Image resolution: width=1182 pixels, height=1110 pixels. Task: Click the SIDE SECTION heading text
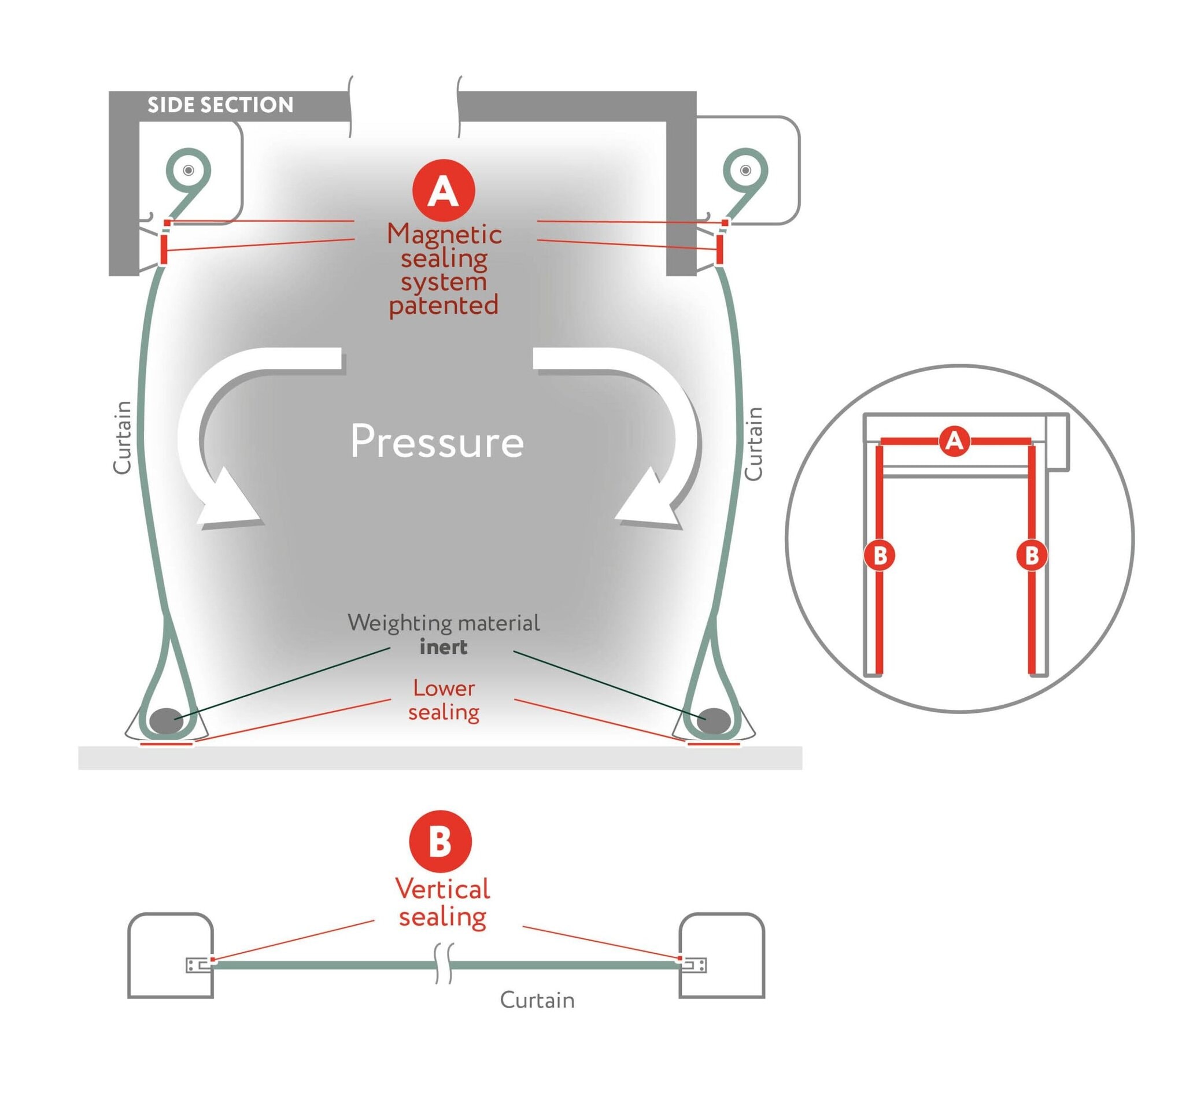click(x=220, y=105)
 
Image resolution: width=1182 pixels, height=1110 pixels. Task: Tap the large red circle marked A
click(x=444, y=190)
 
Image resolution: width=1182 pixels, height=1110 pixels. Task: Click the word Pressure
click(x=437, y=442)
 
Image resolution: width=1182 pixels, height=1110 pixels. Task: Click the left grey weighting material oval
click(x=166, y=720)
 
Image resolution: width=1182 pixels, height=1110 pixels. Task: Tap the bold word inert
click(x=444, y=647)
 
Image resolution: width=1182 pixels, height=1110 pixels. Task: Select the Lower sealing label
click(x=444, y=700)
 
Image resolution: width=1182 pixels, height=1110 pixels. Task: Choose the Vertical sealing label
click(x=443, y=902)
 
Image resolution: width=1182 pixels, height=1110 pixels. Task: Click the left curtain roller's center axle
click(x=189, y=171)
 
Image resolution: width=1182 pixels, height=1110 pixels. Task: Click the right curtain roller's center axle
click(x=745, y=171)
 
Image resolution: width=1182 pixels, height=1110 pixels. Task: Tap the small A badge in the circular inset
click(x=954, y=441)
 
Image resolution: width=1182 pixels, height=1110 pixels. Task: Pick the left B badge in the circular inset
click(x=880, y=556)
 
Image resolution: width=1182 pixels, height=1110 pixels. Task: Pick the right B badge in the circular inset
click(x=1032, y=556)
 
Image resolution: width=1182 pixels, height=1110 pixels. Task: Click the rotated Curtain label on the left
click(x=122, y=438)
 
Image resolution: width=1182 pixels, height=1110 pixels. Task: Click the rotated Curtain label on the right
click(x=753, y=443)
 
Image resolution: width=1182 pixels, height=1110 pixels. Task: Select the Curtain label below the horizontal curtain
click(x=537, y=1000)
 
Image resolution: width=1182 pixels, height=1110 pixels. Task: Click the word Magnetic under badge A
click(x=444, y=234)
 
